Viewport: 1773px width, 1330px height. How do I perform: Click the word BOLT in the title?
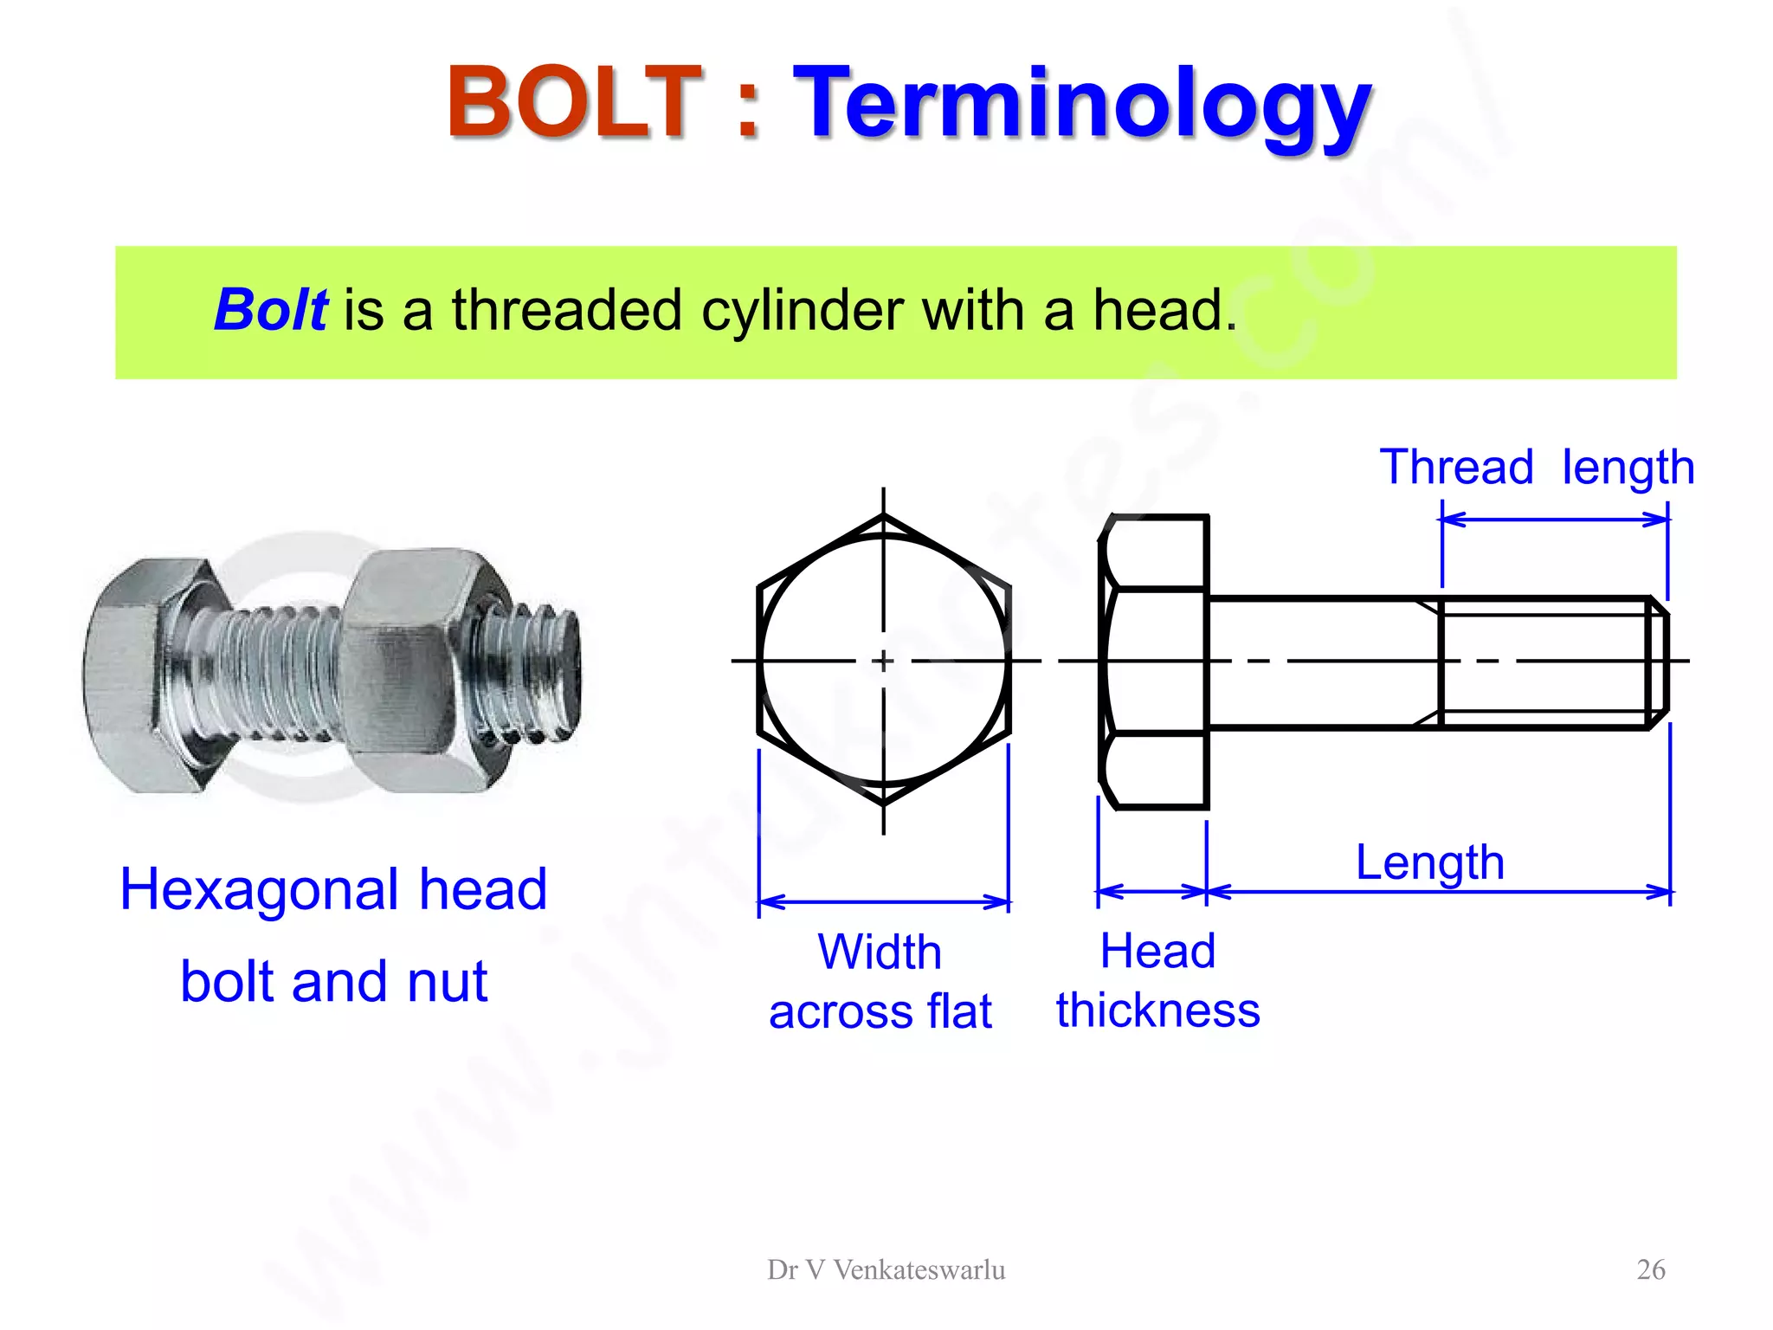tap(573, 102)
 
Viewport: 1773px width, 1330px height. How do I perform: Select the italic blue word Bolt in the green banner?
tap(270, 310)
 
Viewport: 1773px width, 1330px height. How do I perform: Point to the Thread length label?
tap(1536, 468)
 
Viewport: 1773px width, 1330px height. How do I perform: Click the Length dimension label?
tap(1429, 862)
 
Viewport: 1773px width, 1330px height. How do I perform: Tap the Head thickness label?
tap(1157, 980)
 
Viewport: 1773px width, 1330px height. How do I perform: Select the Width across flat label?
tap(880, 982)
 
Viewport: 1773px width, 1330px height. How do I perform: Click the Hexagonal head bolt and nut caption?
tap(334, 935)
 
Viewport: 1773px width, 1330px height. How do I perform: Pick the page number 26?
tap(1650, 1269)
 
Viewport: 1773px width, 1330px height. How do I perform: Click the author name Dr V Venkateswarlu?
tap(886, 1270)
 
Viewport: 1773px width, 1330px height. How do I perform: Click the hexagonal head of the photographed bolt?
tap(139, 675)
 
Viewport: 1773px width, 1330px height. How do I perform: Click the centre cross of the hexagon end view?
tap(883, 662)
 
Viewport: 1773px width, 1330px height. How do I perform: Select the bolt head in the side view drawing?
tap(1154, 662)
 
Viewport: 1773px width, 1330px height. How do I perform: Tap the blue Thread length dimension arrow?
tap(1555, 520)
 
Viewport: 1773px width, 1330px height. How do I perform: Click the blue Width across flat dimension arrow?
tap(884, 902)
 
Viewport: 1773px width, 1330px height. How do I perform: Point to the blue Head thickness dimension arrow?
tap(1152, 892)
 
